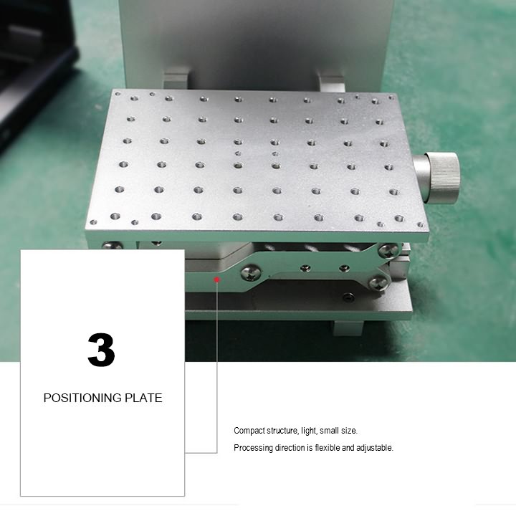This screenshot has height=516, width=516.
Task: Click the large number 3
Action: [101, 350]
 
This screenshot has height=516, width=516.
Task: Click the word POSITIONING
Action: [82, 398]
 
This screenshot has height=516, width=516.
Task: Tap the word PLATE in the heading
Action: [143, 398]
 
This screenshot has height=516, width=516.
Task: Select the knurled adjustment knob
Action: [437, 177]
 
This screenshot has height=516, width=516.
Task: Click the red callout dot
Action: [216, 279]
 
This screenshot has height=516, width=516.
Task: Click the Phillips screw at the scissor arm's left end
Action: [251, 272]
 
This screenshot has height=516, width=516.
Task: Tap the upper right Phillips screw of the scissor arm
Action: [388, 251]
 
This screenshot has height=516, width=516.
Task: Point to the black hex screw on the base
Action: [348, 298]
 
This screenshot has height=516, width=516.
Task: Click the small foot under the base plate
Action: [348, 328]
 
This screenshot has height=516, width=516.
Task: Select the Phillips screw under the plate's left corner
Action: [113, 245]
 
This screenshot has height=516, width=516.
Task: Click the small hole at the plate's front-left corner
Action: [93, 222]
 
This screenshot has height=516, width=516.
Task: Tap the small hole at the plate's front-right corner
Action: [420, 225]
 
